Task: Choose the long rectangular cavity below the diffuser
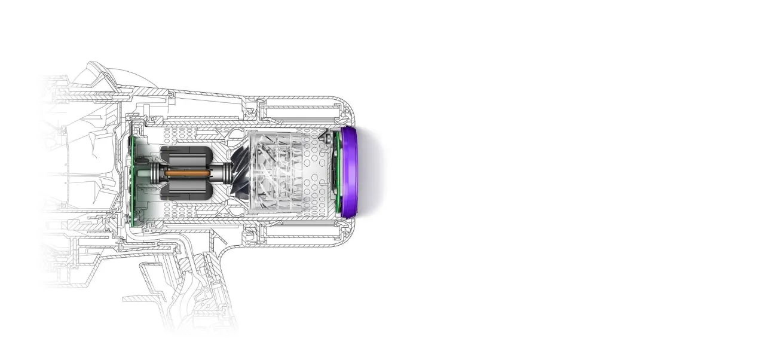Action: tap(299, 238)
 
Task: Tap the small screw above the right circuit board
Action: tap(327, 137)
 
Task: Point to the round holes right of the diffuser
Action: tap(314, 173)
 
